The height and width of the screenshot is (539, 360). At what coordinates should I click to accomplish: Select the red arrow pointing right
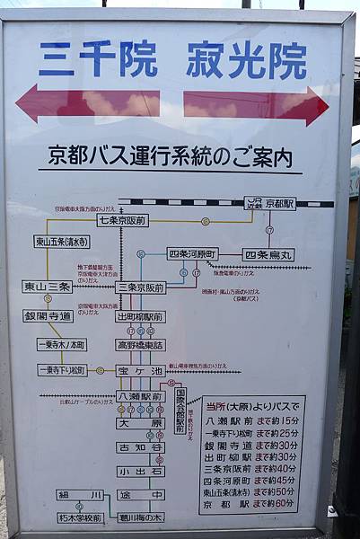[x=256, y=105]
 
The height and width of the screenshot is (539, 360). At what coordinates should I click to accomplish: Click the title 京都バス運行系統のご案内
[x=171, y=157]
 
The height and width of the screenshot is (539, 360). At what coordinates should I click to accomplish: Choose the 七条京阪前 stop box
[x=123, y=220]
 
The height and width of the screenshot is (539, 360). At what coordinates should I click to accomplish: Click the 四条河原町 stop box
[x=192, y=254]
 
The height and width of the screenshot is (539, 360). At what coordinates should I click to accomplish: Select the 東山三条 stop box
[x=47, y=287]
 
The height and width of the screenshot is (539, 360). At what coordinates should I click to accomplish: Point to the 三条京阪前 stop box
[x=141, y=287]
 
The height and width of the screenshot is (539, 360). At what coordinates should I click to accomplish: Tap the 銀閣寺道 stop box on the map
[x=48, y=316]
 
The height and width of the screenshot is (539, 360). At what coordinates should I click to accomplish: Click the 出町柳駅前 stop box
[x=140, y=317]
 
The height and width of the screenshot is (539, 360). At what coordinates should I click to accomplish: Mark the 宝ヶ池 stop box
[x=140, y=370]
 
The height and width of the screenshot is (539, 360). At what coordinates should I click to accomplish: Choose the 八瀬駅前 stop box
[x=140, y=396]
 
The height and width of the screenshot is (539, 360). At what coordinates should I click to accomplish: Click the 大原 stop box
[x=140, y=422]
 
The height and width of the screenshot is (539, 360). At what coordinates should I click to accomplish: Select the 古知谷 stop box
[x=140, y=446]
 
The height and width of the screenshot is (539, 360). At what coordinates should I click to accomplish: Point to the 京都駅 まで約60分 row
[x=251, y=505]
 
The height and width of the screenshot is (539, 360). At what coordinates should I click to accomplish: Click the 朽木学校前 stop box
[x=80, y=518]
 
